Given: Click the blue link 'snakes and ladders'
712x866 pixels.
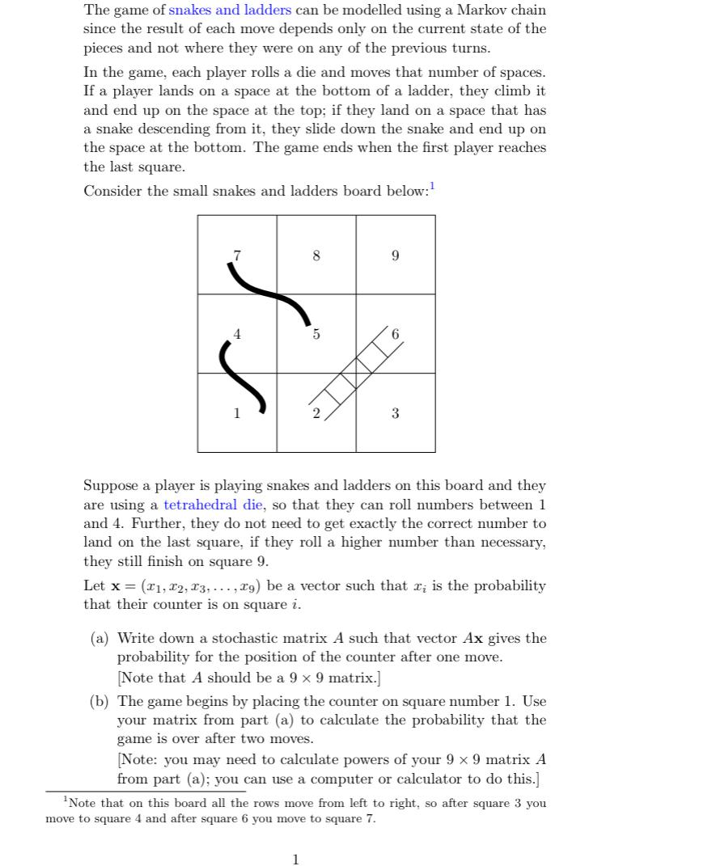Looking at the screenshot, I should click(229, 11).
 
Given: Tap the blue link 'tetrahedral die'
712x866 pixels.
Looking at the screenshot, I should click(214, 505).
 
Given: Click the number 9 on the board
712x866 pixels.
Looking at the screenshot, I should click(395, 256).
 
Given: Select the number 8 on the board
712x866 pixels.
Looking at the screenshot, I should click(316, 256).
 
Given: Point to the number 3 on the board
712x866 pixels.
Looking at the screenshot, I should click(395, 414).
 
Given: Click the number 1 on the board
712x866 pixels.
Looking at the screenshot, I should click(236, 414).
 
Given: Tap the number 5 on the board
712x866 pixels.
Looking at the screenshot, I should click(316, 335).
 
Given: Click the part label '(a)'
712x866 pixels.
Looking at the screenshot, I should click(100, 639).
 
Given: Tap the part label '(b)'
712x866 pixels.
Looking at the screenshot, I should click(100, 702).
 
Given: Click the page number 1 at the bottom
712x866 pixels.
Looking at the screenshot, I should click(295, 860).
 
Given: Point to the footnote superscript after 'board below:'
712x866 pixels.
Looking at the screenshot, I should click(432, 187).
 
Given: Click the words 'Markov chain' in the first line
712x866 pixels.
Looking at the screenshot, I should click(501, 11).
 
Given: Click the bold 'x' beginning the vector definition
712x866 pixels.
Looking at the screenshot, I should click(116, 586).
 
